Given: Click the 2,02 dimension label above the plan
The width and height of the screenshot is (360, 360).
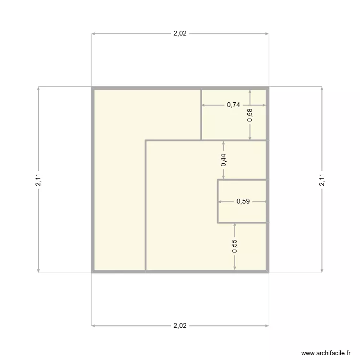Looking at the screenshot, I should (180, 34).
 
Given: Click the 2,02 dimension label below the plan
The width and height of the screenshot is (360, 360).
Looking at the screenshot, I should (180, 325).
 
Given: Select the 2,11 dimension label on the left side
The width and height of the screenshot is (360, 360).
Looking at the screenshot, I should (38, 180).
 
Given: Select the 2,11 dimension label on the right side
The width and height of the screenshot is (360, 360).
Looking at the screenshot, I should (322, 180).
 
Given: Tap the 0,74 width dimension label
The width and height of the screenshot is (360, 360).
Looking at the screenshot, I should (233, 105).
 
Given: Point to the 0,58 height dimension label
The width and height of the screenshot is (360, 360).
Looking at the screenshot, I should (250, 115).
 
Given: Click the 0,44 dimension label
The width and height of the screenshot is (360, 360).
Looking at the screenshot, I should (224, 160).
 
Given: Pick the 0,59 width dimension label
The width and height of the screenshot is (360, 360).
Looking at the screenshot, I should (243, 202).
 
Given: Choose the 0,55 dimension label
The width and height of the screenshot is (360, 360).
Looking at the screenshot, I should (235, 246).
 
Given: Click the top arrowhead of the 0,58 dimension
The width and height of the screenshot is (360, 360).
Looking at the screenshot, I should (250, 92).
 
